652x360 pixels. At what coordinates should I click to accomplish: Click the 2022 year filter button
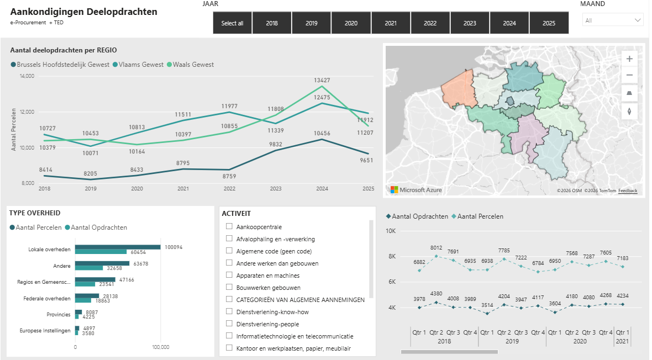click(x=430, y=23)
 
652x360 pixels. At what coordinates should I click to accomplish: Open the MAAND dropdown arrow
click(x=638, y=20)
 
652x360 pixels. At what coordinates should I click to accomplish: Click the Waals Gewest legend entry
click(x=191, y=65)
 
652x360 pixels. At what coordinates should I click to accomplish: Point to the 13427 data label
click(x=322, y=80)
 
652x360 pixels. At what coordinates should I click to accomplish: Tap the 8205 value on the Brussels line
click(x=90, y=173)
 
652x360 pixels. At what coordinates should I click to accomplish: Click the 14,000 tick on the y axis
click(x=27, y=76)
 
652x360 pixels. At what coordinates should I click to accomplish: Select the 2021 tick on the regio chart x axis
click(x=183, y=188)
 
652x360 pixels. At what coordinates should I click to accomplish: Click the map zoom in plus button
click(x=629, y=59)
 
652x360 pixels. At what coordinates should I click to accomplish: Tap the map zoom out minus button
click(x=629, y=75)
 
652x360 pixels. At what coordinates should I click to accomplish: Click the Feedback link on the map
click(x=628, y=191)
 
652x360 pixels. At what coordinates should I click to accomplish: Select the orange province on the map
click(x=459, y=89)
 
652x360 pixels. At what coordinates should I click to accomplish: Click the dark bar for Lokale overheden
click(x=118, y=247)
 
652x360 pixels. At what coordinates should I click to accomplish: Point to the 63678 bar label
click(x=140, y=263)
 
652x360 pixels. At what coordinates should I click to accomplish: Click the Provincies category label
click(x=58, y=314)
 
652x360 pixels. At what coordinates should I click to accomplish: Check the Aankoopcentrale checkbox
click(x=229, y=226)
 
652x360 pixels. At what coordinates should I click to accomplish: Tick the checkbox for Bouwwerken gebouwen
click(x=229, y=287)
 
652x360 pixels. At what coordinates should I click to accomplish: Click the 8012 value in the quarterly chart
click(x=436, y=248)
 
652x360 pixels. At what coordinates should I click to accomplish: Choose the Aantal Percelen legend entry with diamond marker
click(x=477, y=216)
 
